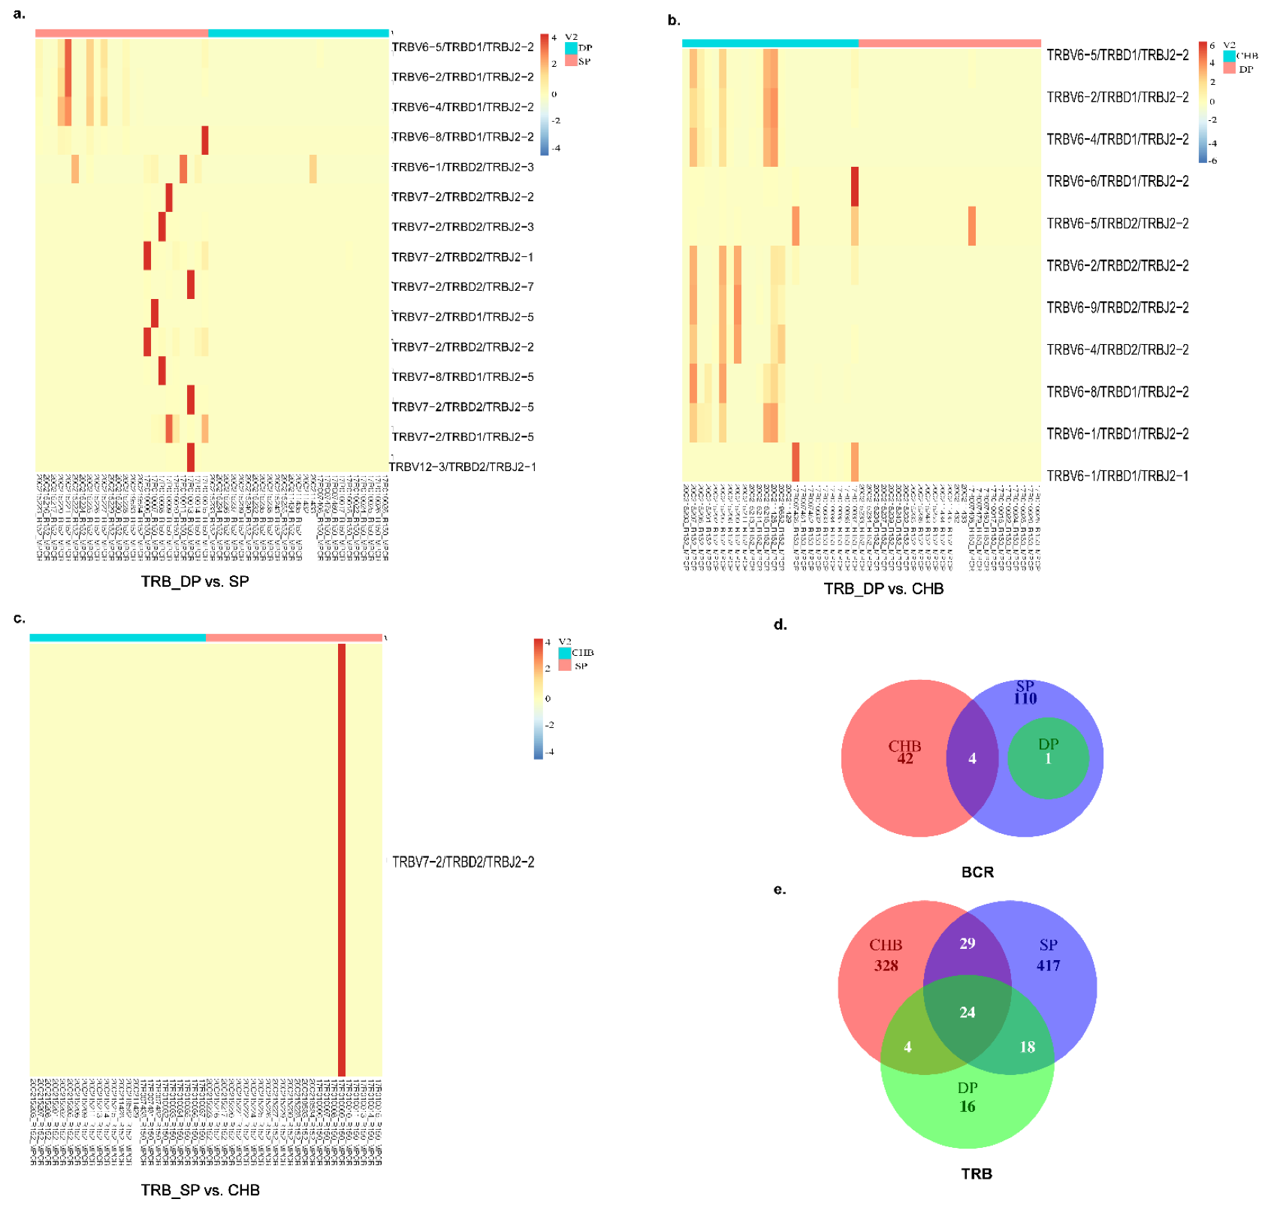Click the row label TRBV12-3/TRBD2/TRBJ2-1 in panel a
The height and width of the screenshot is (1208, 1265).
click(463, 467)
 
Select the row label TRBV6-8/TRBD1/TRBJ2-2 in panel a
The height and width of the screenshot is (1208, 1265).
click(463, 137)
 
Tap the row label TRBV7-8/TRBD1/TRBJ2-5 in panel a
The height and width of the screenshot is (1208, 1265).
click(463, 377)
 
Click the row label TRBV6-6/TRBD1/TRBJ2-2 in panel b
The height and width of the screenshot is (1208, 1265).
click(1118, 181)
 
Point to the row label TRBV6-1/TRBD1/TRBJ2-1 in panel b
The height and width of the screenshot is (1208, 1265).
click(1118, 476)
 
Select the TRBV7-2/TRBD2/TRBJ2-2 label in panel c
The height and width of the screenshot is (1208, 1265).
click(463, 862)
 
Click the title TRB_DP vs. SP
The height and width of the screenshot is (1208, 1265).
click(195, 581)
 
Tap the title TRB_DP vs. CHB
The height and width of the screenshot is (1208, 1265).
click(883, 589)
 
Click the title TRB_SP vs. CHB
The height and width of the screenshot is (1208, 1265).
click(201, 1190)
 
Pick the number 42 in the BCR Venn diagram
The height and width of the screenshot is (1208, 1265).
click(905, 759)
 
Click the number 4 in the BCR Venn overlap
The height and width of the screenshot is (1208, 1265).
click(972, 759)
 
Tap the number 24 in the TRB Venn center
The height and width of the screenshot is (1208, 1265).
click(968, 1013)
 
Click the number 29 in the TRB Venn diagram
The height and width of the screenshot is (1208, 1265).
click(968, 944)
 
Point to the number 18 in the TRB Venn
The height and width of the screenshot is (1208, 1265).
click(1027, 1047)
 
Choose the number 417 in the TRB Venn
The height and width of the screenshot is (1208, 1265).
click(1049, 965)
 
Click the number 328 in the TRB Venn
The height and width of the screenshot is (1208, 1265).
click(886, 965)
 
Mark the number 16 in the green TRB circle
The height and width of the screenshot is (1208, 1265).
click(968, 1107)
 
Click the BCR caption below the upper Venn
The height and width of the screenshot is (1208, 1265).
click(977, 872)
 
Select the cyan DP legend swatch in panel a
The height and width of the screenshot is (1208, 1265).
click(571, 48)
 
